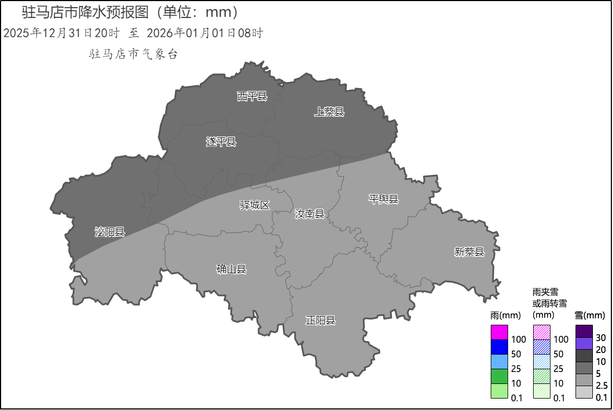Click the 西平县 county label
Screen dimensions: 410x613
click(x=252, y=97)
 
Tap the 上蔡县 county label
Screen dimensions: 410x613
click(x=329, y=112)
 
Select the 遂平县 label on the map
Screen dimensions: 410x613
click(x=221, y=142)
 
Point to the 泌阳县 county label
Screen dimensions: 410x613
click(x=110, y=232)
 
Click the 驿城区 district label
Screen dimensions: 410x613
click(x=255, y=205)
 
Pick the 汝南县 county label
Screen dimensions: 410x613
click(x=309, y=214)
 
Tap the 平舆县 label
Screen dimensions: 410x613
click(x=384, y=199)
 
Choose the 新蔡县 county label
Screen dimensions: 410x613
click(x=469, y=251)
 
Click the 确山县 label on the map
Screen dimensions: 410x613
click(x=232, y=269)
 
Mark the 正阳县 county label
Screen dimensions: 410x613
click(x=321, y=320)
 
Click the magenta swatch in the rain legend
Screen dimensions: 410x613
click(x=499, y=332)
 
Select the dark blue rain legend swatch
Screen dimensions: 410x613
click(x=499, y=347)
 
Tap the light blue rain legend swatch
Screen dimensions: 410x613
click(x=499, y=362)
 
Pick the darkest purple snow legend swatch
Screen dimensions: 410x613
click(x=584, y=331)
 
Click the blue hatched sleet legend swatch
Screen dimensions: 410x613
click(x=542, y=347)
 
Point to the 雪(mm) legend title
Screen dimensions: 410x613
click(x=590, y=316)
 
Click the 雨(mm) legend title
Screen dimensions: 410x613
click(x=505, y=315)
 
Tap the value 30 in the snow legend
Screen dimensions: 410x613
click(x=601, y=338)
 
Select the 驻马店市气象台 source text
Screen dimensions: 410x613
click(x=133, y=54)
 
